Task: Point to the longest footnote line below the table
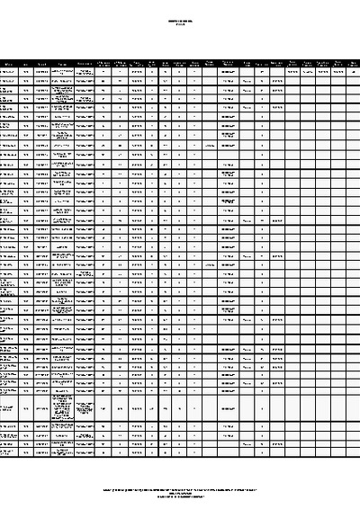[x=180, y=489]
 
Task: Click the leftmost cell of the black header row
[x=8, y=64]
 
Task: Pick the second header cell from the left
[x=26, y=64]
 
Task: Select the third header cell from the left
[x=42, y=64]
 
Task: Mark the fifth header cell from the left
[x=85, y=64]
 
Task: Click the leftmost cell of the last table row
[x=8, y=452]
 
